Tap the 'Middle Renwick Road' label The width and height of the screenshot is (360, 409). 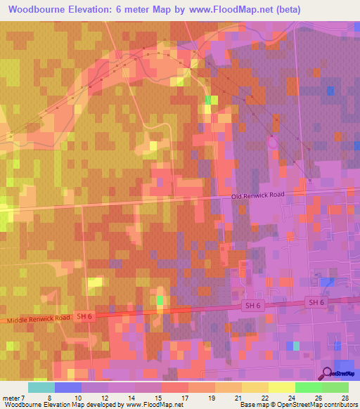coord(39,319)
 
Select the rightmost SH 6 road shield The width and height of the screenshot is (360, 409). coord(316,302)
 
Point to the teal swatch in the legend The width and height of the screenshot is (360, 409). coord(41,387)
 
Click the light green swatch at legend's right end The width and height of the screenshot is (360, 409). coord(335,387)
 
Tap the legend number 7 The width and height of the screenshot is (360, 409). coord(29,397)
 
